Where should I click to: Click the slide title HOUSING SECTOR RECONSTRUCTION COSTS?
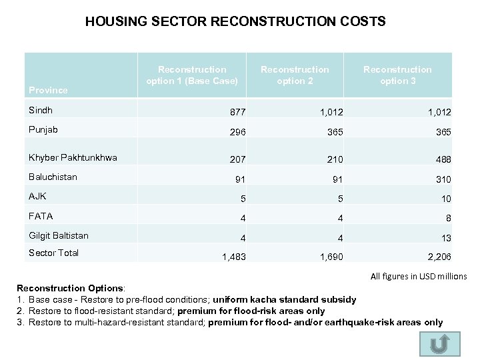pyautogui.click(x=235, y=21)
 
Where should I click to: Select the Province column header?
pyautogui.click(x=48, y=90)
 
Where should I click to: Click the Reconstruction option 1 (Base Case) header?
pyautogui.click(x=192, y=75)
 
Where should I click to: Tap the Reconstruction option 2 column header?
pyautogui.click(x=295, y=75)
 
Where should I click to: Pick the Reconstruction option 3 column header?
pyautogui.click(x=397, y=75)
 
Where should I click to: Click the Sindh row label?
pyautogui.click(x=41, y=110)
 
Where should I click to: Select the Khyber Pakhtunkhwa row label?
pyautogui.click(x=73, y=158)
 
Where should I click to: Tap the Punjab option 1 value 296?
pyautogui.click(x=237, y=132)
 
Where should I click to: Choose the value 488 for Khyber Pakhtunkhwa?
pyautogui.click(x=443, y=159)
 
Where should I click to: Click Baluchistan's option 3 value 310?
pyautogui.click(x=443, y=179)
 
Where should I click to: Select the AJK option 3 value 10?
pyautogui.click(x=445, y=199)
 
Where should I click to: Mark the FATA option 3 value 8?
pyautogui.click(x=448, y=218)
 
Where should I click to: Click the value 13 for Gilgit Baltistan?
pyautogui.click(x=445, y=237)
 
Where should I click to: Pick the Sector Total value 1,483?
pyautogui.click(x=233, y=256)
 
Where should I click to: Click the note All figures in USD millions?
pyautogui.click(x=418, y=276)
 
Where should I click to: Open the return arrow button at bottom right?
pyautogui.click(x=439, y=344)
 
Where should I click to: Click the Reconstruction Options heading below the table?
pyautogui.click(x=70, y=287)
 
